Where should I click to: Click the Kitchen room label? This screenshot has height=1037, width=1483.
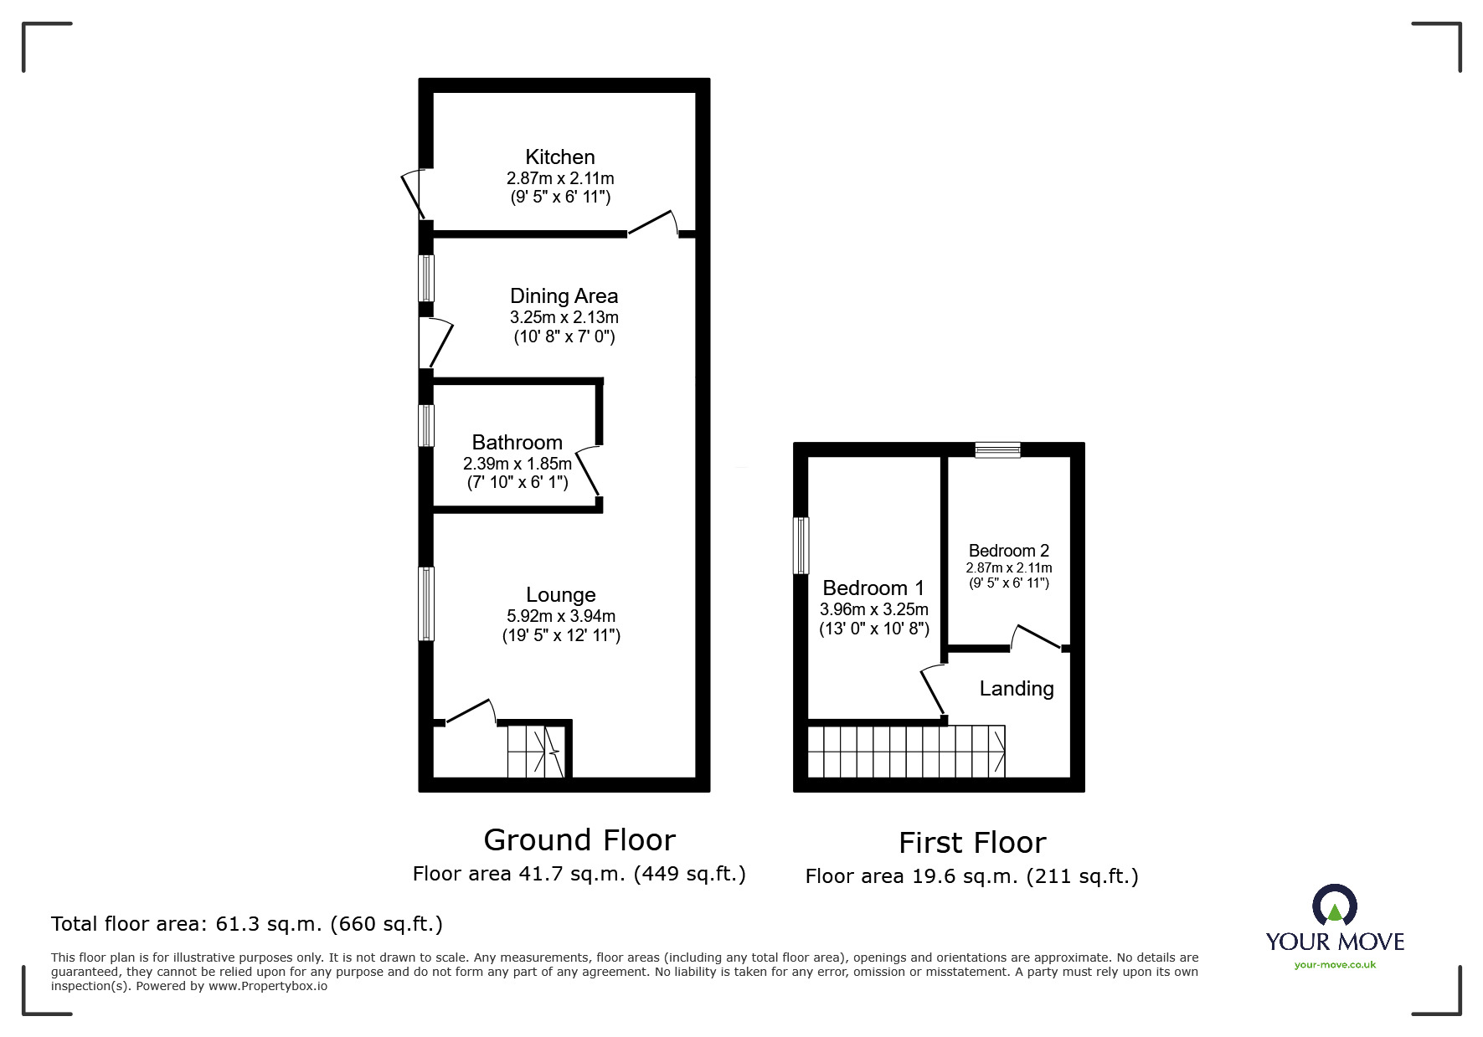(x=560, y=157)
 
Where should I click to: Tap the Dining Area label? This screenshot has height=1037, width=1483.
(x=564, y=296)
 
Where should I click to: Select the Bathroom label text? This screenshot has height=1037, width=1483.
(x=517, y=443)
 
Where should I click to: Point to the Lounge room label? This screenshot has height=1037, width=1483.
(x=561, y=595)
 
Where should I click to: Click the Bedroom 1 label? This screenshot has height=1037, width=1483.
(x=873, y=588)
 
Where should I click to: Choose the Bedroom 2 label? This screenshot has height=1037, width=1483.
(x=1008, y=551)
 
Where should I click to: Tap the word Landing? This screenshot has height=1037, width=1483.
(x=1017, y=689)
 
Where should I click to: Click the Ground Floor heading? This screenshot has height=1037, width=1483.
(x=579, y=839)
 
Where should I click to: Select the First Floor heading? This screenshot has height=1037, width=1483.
(x=972, y=842)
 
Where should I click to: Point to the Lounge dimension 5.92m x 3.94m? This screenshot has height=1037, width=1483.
(x=561, y=616)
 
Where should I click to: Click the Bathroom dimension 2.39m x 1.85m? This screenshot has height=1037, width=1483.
(x=518, y=463)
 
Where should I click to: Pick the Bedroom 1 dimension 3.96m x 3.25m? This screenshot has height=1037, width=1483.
(x=874, y=609)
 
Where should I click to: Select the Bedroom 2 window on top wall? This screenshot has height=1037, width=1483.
(x=998, y=450)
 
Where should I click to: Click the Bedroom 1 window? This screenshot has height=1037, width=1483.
(x=802, y=545)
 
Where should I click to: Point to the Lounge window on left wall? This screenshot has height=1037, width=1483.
(x=427, y=603)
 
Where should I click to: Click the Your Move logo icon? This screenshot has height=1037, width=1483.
(x=1334, y=906)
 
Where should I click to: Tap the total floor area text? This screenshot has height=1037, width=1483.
(x=247, y=924)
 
